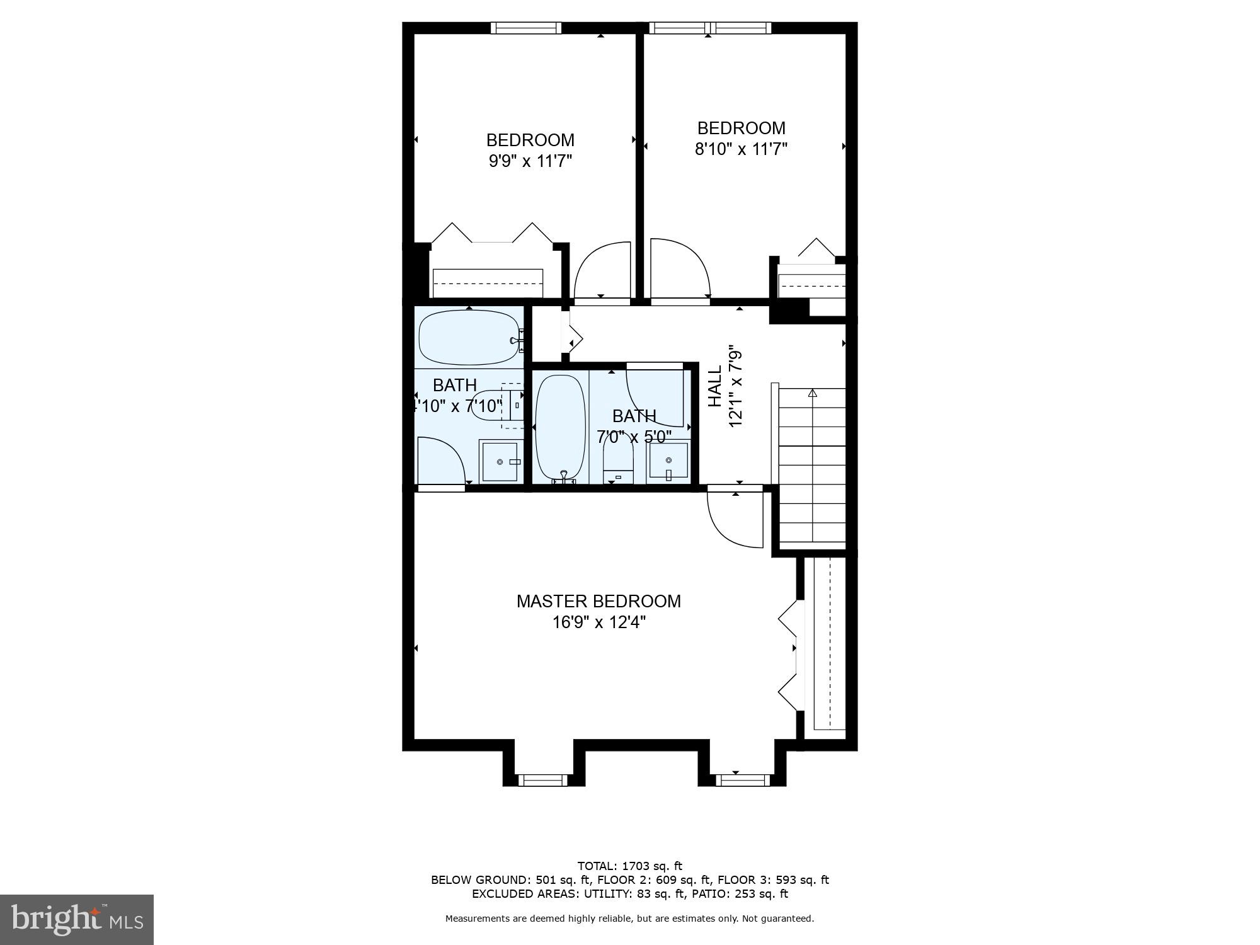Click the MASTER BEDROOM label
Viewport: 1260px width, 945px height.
pos(598,601)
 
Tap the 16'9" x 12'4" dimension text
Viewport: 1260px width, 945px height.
pos(598,622)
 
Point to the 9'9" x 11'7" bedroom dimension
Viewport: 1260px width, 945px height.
pos(530,161)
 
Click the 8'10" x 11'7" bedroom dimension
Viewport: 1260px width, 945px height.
pos(741,149)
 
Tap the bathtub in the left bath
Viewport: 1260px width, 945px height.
pos(469,338)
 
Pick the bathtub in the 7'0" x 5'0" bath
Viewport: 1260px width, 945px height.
pos(560,428)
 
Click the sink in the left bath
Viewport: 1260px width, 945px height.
pos(500,462)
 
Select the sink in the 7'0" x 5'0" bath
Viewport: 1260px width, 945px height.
pos(668,461)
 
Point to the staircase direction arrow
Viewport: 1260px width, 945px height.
pos(812,393)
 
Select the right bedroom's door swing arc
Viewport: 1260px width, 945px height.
pos(680,268)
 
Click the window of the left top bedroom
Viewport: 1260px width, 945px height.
pos(525,28)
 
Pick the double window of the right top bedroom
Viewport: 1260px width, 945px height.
pos(710,28)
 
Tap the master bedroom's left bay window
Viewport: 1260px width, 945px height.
pos(542,781)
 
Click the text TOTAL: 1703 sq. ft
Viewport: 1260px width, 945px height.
pos(629,866)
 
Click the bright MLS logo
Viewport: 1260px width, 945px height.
pos(77,920)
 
